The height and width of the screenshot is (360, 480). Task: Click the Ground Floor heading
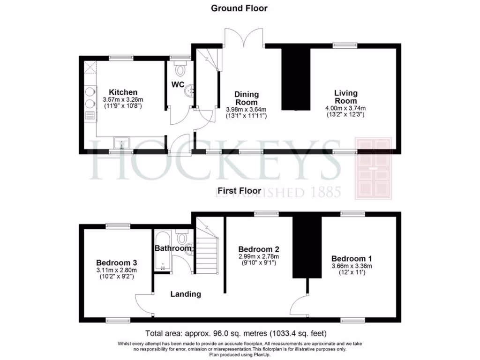239,8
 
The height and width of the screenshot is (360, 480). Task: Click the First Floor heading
239,191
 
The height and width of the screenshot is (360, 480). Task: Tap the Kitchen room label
123,92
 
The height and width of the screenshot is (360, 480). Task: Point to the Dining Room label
247,98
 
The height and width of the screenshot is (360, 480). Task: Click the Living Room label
345,97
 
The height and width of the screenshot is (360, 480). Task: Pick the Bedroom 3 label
116,263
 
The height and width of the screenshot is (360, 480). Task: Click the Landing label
186,294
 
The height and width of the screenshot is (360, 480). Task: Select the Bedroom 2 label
259,249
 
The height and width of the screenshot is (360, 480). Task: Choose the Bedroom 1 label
352,259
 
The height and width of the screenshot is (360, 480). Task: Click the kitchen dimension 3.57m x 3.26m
123,100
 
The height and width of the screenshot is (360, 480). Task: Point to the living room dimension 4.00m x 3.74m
345,108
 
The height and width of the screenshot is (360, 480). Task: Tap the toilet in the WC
180,70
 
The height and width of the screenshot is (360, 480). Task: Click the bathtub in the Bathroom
162,251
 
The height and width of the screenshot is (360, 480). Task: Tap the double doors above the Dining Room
243,37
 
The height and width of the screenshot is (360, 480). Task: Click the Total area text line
236,334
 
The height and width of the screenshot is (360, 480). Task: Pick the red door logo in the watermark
373,168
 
